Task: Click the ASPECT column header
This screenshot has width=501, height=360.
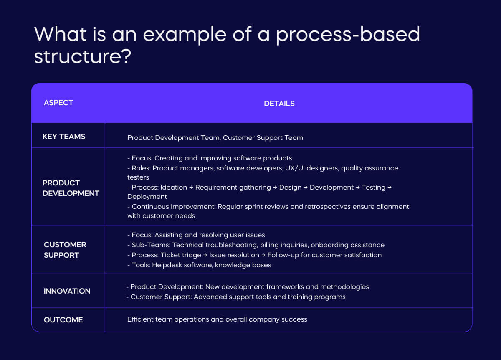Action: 58,103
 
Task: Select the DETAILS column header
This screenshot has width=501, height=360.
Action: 279,104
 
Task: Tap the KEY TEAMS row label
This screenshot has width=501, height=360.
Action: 63,137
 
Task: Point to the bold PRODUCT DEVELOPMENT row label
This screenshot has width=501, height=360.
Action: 71,188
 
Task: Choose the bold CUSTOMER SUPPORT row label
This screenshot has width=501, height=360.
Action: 65,250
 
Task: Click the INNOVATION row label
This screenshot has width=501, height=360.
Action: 67,291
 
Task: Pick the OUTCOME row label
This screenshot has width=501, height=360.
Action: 63,320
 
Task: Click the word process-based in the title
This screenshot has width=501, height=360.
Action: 348,34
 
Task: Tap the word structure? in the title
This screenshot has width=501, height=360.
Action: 83,56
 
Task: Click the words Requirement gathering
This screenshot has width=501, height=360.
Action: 233,188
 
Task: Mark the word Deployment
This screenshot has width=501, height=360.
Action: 147,197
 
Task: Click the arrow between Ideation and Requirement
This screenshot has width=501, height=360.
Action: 191,188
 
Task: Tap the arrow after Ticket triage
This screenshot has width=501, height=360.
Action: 205,255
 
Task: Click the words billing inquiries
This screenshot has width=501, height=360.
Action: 264,245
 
